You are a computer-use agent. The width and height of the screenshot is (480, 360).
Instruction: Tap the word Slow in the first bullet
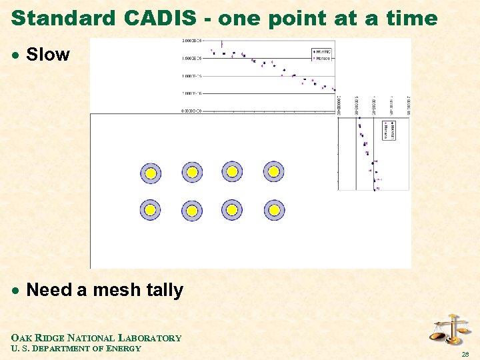coord(47,55)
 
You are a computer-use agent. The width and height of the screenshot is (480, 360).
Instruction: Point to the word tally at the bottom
coord(164,290)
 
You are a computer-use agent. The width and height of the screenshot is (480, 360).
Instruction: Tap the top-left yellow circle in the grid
coord(151,173)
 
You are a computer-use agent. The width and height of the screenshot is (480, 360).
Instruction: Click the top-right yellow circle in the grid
coord(273,171)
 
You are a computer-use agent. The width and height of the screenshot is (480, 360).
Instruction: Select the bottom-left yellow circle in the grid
coord(151,210)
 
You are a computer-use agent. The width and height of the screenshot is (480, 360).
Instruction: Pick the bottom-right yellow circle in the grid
coord(273,210)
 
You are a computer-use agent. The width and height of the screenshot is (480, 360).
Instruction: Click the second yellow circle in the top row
coord(192,172)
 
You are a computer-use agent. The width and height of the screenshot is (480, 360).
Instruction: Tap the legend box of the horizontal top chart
coord(323,54)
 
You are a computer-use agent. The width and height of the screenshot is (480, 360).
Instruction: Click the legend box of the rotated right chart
coord(389,130)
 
